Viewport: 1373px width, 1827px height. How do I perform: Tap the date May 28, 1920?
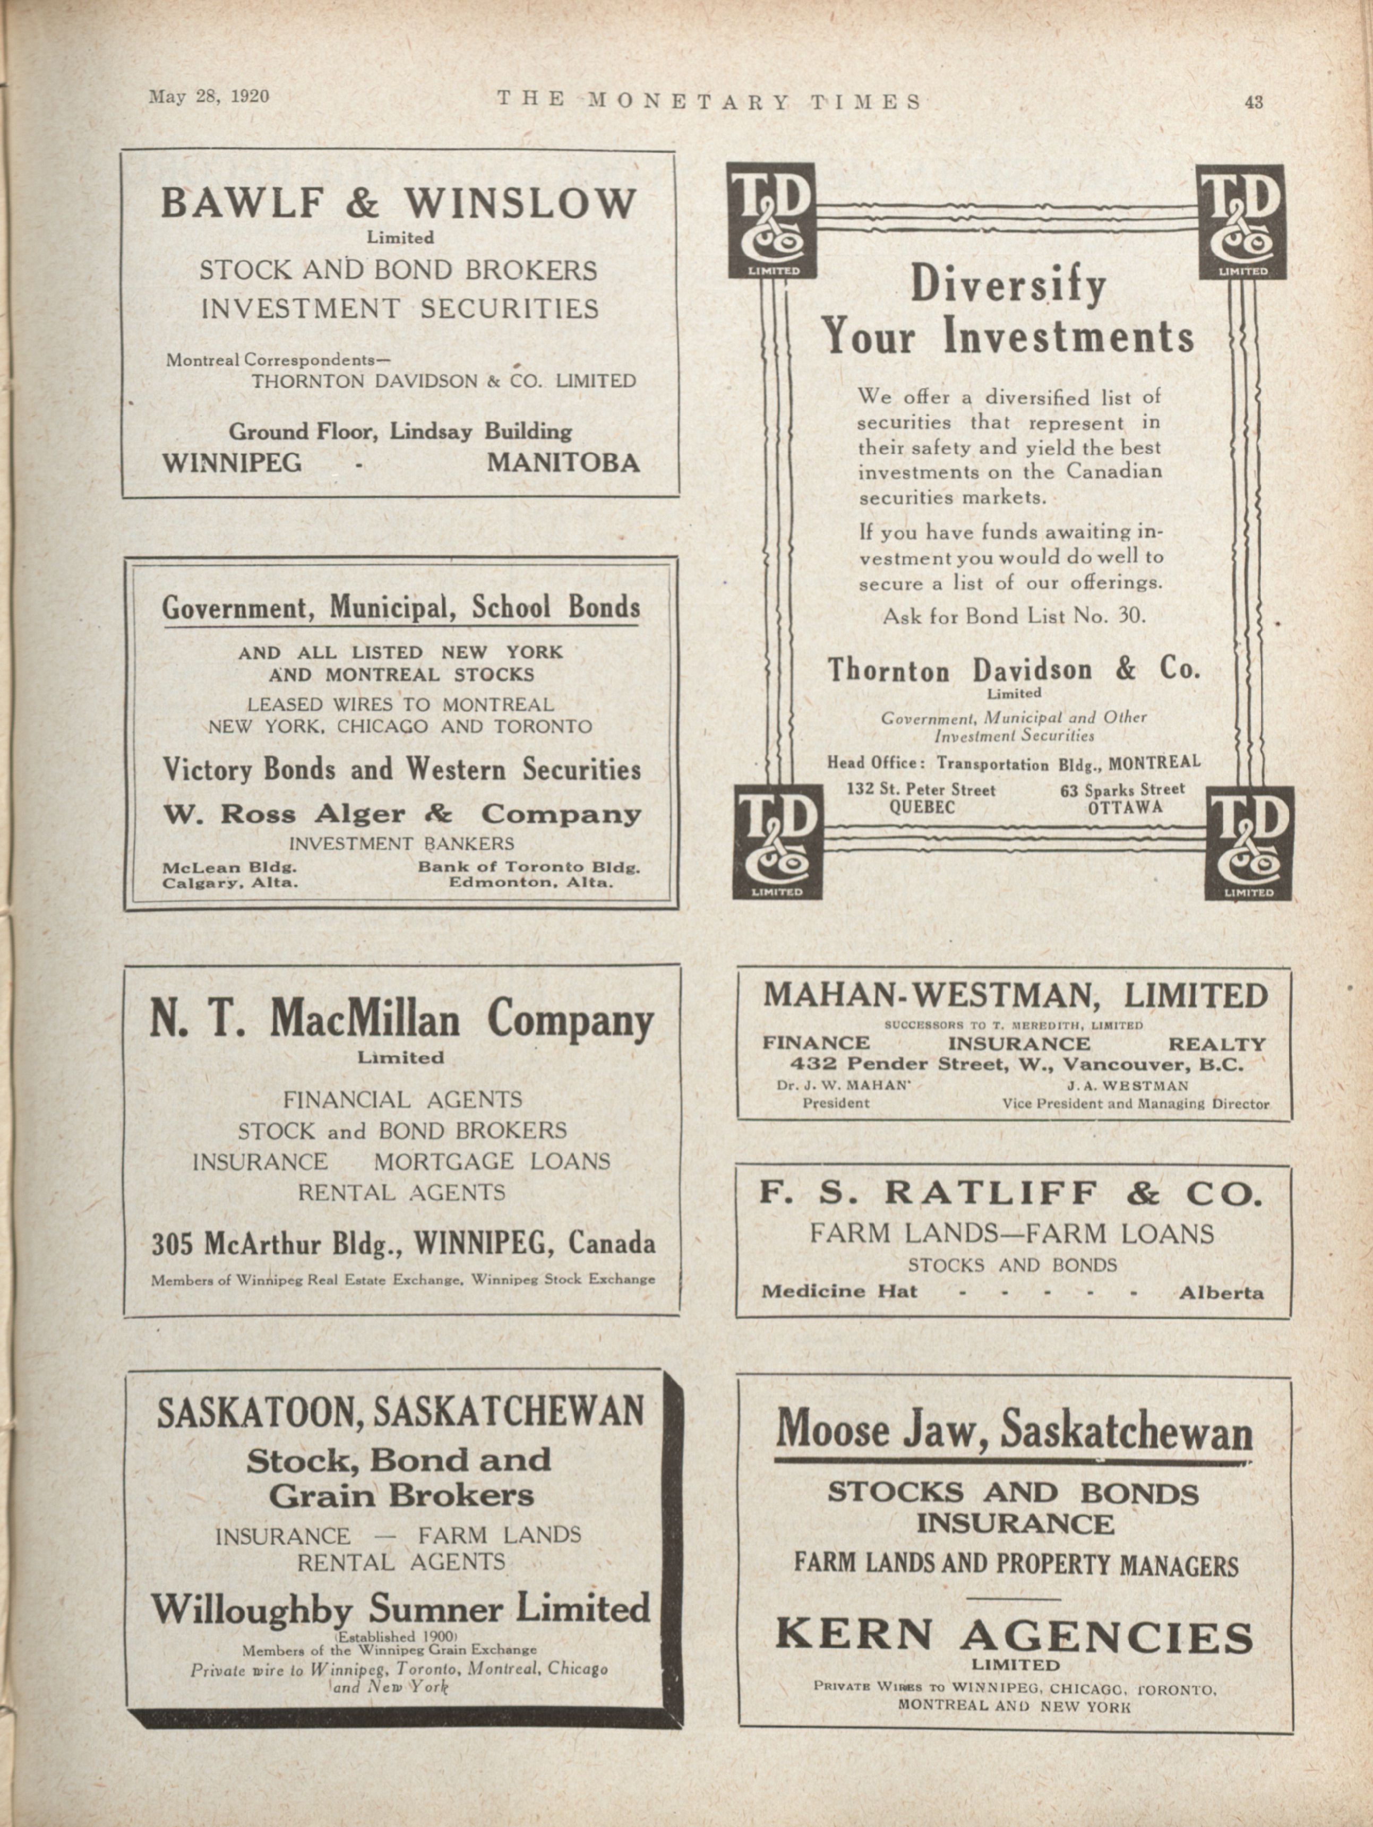click(x=209, y=96)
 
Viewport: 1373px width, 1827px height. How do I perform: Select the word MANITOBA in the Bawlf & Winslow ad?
click(x=563, y=462)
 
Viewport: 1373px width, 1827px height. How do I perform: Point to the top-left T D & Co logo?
click(x=771, y=220)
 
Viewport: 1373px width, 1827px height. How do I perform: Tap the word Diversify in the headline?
click(x=1007, y=286)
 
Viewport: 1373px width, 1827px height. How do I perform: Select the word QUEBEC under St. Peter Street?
click(x=921, y=807)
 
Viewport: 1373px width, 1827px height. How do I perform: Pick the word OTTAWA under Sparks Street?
click(x=1125, y=807)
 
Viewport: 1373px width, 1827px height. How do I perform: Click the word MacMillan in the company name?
click(x=365, y=1020)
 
